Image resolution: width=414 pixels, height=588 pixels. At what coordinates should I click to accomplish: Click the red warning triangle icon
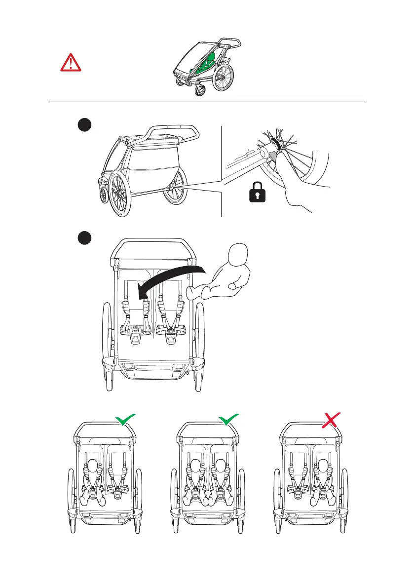(x=71, y=62)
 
